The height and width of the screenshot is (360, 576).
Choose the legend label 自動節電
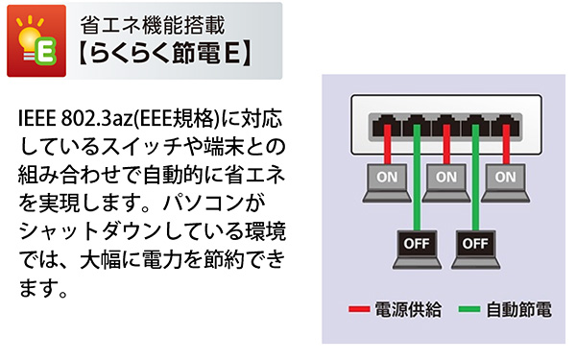coord(518,310)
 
